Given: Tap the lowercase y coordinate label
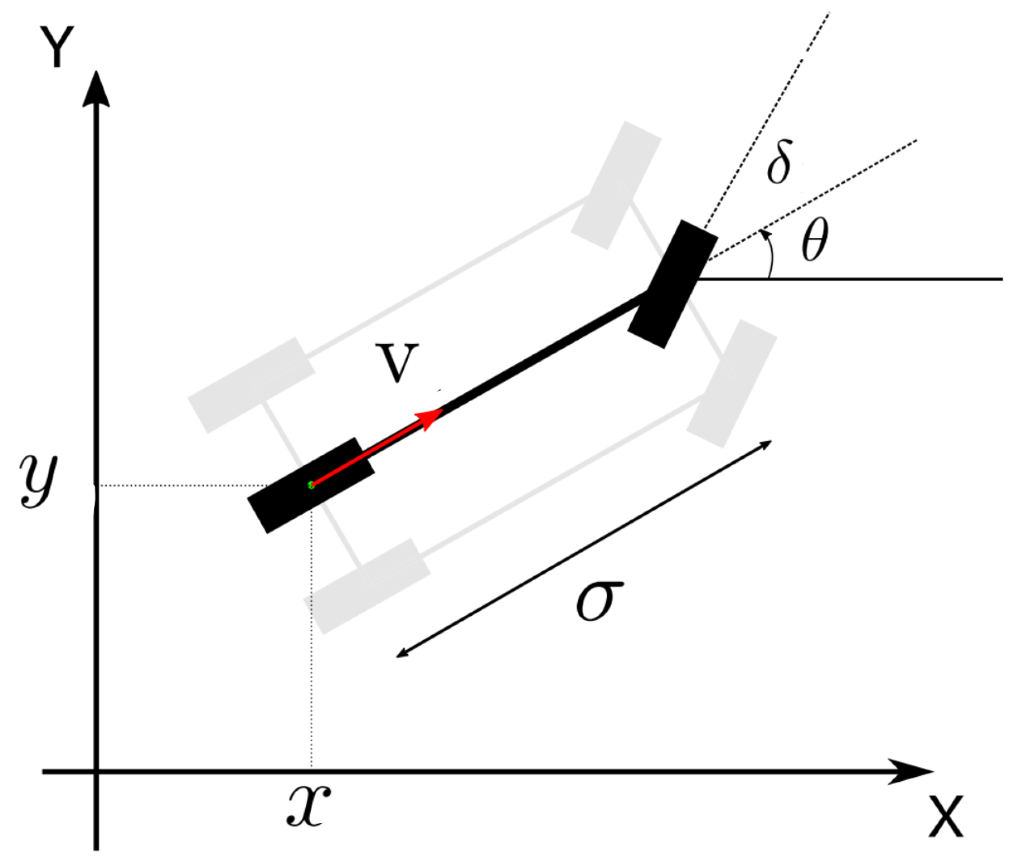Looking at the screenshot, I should pos(38,482).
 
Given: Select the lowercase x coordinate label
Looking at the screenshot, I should pos(309,806).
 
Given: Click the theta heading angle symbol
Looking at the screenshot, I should pos(815,239).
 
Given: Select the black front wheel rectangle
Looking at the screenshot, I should pos(672,284).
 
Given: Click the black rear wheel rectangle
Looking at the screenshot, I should pos(311,485).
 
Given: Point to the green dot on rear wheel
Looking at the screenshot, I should pos(311,484).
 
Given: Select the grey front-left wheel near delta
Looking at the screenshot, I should pos(616,185).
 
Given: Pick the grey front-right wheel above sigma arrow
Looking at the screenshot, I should pos(731,384).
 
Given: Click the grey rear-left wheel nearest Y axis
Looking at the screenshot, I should pos(251,385).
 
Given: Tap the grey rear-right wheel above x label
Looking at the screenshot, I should pos(367,586).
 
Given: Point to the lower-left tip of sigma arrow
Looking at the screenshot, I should pos(398,657).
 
